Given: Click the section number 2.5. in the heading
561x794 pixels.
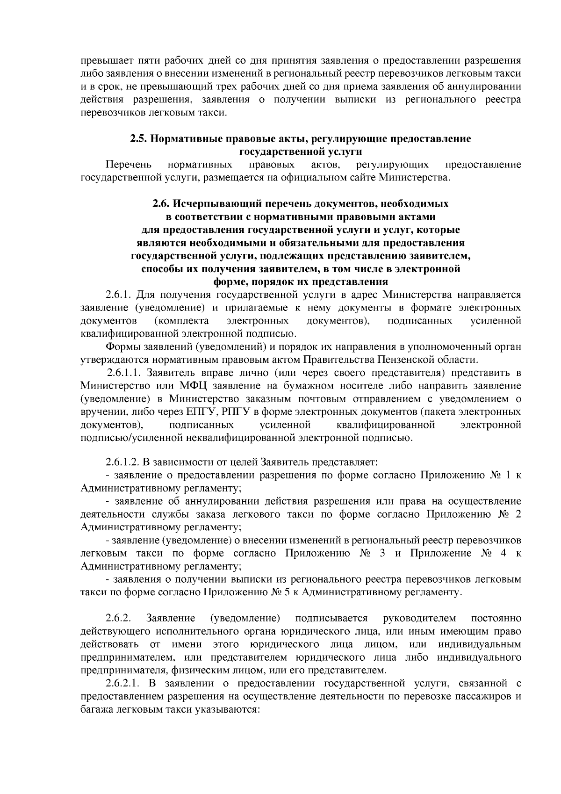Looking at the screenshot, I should point(138,139).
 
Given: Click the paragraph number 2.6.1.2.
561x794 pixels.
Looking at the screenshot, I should point(122,462).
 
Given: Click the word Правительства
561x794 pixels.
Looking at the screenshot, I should point(334,360).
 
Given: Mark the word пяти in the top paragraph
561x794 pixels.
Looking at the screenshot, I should point(150,61).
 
